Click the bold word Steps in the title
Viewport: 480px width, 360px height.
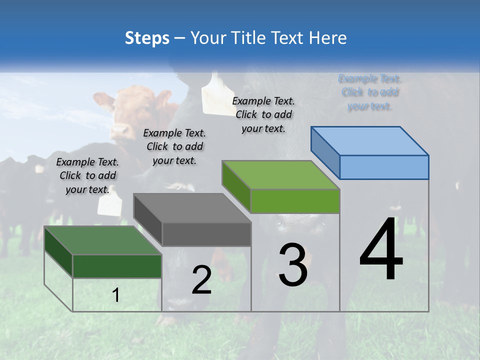146,38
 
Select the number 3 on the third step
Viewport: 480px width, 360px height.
292,264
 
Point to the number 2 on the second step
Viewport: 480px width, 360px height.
201,280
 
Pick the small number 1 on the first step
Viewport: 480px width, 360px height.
116,295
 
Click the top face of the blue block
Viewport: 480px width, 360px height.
370,141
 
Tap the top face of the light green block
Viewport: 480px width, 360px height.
281,175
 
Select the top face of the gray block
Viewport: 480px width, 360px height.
192,208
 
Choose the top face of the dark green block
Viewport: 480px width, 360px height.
103,240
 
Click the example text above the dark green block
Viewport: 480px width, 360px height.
87,175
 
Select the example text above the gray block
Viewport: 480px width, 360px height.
174,146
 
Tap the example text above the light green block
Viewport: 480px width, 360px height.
263,114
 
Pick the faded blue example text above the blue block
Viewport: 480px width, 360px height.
370,92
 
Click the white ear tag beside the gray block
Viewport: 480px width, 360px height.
109,204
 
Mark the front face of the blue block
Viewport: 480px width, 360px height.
384,167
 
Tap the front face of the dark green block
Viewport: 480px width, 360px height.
117,266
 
